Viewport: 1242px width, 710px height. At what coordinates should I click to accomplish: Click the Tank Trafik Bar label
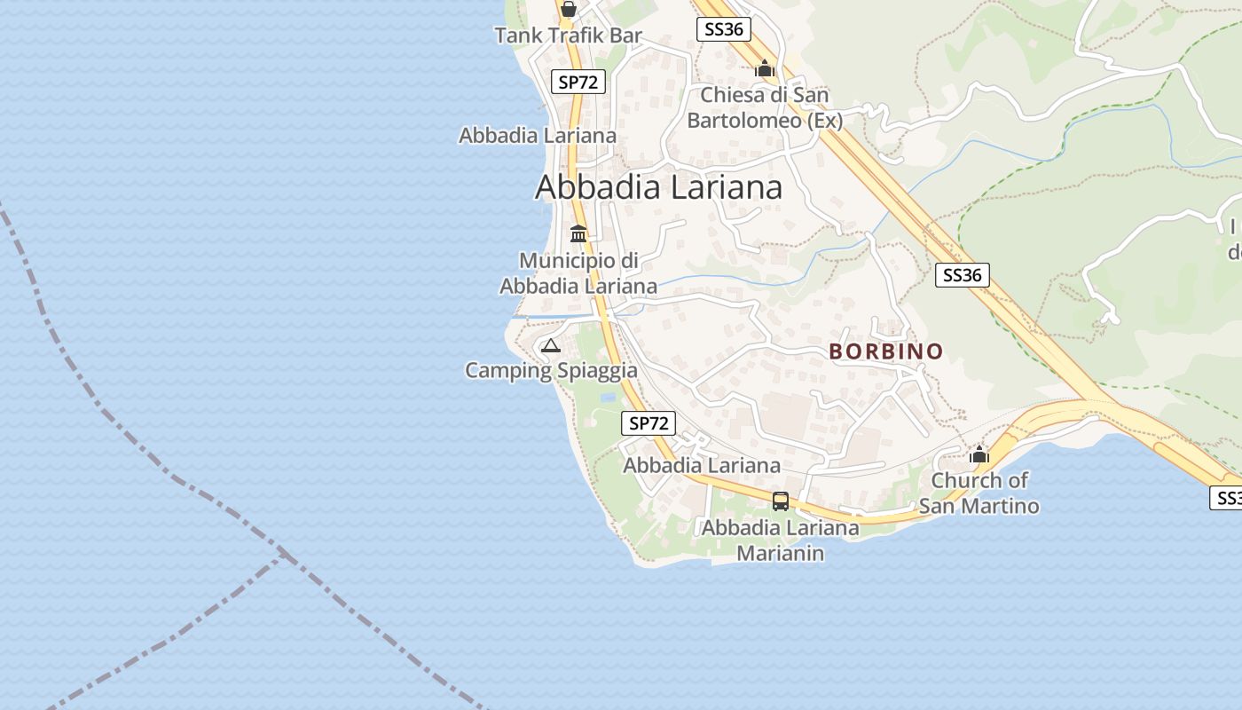tap(568, 35)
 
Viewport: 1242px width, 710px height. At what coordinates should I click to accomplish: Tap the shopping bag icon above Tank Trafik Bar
tap(568, 9)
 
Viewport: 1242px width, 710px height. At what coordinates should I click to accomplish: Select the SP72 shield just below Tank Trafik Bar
tap(578, 82)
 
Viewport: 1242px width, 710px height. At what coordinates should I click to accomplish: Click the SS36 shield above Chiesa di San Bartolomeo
tap(723, 29)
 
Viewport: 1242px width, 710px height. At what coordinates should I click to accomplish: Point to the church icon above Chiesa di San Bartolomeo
tap(765, 67)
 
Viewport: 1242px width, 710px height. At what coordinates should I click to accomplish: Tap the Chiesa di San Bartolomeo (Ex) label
tap(765, 107)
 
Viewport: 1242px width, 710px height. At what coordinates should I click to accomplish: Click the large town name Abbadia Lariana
tap(658, 187)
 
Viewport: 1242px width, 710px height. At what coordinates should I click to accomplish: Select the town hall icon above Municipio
tap(578, 234)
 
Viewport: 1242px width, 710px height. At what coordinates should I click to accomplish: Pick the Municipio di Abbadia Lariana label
tap(578, 273)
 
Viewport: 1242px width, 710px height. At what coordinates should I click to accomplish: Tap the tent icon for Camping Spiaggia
tap(551, 346)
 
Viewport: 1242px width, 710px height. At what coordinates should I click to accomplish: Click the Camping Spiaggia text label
tap(551, 370)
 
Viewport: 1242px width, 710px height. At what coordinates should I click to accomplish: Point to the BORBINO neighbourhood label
tap(886, 351)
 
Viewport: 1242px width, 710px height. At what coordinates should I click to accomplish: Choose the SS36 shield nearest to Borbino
tap(963, 275)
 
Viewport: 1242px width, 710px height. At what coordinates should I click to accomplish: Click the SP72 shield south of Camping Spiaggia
tap(649, 423)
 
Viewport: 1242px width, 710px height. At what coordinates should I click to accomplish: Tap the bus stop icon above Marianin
tap(781, 501)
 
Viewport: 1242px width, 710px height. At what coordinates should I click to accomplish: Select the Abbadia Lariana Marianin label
tap(781, 540)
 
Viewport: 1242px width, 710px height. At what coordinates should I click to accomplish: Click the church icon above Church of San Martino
tap(979, 455)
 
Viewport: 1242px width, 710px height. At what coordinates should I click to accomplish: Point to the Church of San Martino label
tap(979, 493)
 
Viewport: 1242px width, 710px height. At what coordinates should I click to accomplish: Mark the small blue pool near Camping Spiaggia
tap(609, 398)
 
